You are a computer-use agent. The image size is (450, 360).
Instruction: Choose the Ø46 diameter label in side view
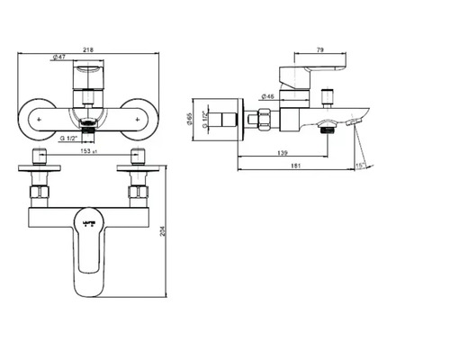coord(268,95)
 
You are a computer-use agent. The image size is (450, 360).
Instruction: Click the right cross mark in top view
coord(136,116)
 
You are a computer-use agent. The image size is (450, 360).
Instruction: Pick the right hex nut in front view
coord(137,191)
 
